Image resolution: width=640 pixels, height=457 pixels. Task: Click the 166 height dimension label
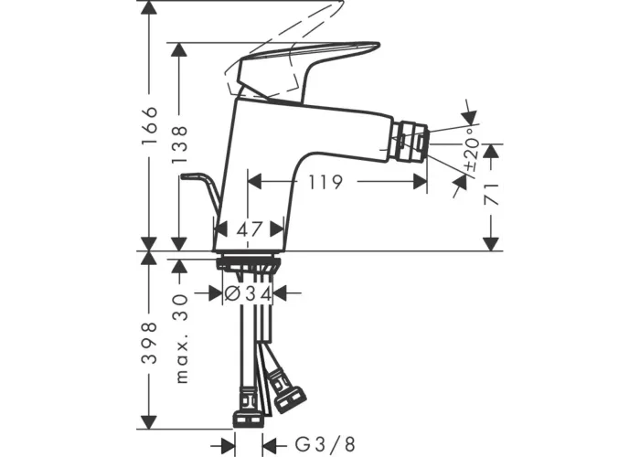pos(150,125)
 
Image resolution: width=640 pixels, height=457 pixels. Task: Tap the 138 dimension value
pos(179,144)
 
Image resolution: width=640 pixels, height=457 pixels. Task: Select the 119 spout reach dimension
pos(325,182)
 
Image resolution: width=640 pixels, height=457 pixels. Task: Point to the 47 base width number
pos(249,229)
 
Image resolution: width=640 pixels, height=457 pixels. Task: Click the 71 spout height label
pos(491,194)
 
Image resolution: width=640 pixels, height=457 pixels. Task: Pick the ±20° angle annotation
pos(472,149)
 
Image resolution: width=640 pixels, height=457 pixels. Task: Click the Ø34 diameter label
pos(249,293)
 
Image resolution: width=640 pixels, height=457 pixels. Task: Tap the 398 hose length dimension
pos(149,343)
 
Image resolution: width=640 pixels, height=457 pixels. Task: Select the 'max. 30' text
pos(182,339)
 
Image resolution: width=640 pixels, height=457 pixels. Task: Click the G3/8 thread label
pos(325,443)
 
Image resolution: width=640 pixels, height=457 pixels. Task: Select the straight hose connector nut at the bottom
pos(248,419)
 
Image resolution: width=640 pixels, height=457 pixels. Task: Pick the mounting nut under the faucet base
pos(249,263)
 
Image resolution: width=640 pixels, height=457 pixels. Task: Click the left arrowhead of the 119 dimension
pos(254,182)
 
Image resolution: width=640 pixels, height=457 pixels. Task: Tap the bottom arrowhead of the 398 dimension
pos(149,421)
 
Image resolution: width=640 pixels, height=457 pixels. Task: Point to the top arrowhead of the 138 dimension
pos(179,49)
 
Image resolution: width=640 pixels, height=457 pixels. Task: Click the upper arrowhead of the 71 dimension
pos(491,152)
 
